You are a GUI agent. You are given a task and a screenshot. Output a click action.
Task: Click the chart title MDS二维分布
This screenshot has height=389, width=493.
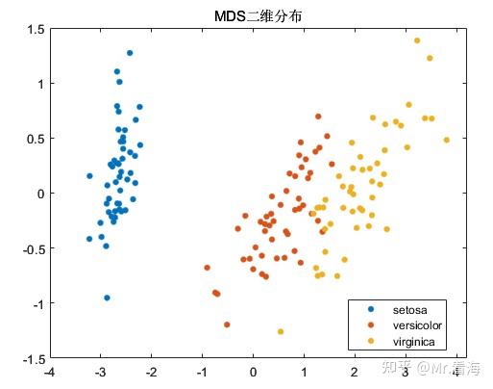pyautogui.click(x=253, y=16)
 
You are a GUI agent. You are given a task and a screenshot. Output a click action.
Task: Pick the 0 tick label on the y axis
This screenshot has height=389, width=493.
pyautogui.click(x=39, y=194)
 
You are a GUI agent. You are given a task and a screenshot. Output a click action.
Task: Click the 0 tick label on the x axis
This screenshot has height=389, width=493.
pyautogui.click(x=253, y=372)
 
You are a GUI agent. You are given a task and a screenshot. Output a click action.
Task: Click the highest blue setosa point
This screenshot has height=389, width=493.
pyautogui.click(x=130, y=53)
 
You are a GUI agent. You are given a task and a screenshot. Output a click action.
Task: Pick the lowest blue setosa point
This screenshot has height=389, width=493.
pyautogui.click(x=107, y=298)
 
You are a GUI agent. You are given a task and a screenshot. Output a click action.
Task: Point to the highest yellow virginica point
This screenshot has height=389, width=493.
pyautogui.click(x=417, y=40)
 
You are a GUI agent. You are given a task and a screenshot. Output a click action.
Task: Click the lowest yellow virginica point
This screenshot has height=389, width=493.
pyautogui.click(x=281, y=331)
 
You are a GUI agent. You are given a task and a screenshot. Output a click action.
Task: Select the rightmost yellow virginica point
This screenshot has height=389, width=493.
pyautogui.click(x=446, y=140)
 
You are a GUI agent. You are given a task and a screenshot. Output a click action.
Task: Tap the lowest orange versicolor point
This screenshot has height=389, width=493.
pyautogui.click(x=227, y=324)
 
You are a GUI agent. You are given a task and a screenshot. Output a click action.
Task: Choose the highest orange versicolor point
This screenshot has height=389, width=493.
pyautogui.click(x=318, y=117)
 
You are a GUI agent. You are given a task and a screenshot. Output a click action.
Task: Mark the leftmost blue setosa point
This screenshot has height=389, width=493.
pyautogui.click(x=89, y=239)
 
